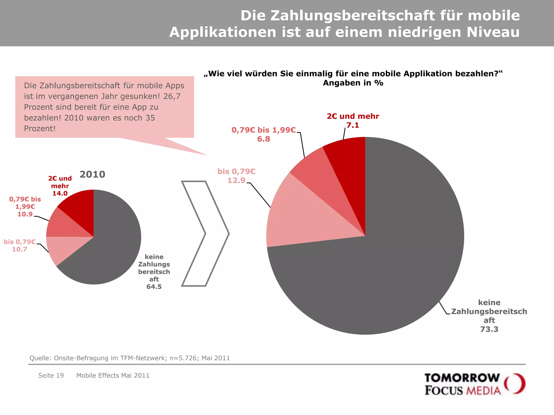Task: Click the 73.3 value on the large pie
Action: pyautogui.click(x=489, y=329)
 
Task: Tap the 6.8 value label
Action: pyautogui.click(x=263, y=139)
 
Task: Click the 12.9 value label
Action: pyautogui.click(x=236, y=180)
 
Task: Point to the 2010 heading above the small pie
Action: pyautogui.click(x=92, y=175)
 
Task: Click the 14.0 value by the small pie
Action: pyautogui.click(x=60, y=193)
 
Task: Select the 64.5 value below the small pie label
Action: pyautogui.click(x=154, y=287)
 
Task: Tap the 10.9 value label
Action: pyautogui.click(x=25, y=214)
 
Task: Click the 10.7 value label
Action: pyautogui.click(x=19, y=249)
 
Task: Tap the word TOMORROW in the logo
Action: pyautogui.click(x=462, y=378)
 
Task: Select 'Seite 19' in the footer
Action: pyautogui.click(x=51, y=376)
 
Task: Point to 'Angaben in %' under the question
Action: pyautogui.click(x=353, y=83)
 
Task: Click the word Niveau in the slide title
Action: pyautogui.click(x=493, y=32)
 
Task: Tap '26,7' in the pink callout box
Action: pyautogui.click(x=172, y=96)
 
